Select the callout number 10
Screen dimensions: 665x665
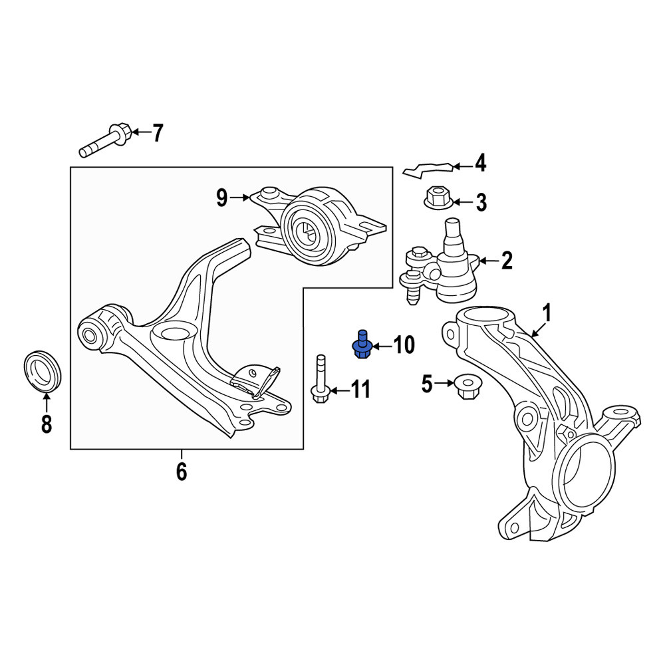click(404, 345)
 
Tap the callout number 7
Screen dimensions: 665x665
click(158, 133)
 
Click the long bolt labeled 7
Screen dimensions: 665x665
click(106, 140)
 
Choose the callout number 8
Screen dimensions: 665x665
click(47, 424)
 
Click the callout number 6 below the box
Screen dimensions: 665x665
click(182, 471)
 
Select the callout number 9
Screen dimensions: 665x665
click(222, 198)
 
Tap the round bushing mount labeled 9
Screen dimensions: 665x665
click(319, 225)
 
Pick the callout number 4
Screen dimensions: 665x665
click(480, 164)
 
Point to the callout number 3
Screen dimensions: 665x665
click(481, 202)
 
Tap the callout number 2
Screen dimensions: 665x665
click(507, 261)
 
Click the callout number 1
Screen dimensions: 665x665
click(547, 313)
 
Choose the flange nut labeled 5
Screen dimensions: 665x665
click(467, 386)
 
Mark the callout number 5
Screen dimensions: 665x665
click(427, 384)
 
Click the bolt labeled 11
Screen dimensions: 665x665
click(321, 379)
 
